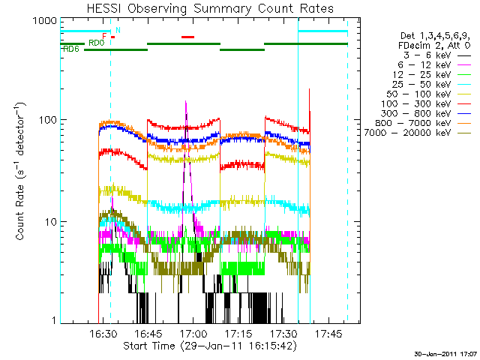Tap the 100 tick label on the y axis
tap(46, 120)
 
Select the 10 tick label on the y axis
tap(49, 222)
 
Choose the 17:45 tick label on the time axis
tap(329, 333)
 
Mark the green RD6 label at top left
tap(70, 49)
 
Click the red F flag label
tap(104, 36)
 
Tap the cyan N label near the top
tap(117, 30)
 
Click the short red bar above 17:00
tap(187, 36)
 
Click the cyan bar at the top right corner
tap(322, 31)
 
